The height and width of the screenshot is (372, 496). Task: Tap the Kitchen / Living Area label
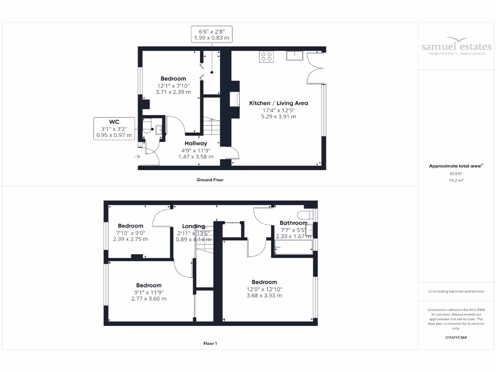click(x=279, y=103)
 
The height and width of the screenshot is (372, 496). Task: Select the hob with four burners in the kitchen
click(x=266, y=57)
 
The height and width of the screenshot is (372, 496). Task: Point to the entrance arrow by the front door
click(x=138, y=156)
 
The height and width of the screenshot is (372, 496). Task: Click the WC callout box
click(x=114, y=128)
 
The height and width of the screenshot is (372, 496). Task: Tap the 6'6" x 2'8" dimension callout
click(x=211, y=33)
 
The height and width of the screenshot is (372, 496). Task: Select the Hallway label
click(x=196, y=143)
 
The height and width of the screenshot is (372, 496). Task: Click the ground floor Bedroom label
click(x=173, y=79)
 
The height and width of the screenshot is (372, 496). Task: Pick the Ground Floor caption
click(x=210, y=180)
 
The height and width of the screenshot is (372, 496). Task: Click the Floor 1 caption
click(x=210, y=343)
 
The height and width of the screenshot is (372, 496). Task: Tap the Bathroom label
click(x=293, y=223)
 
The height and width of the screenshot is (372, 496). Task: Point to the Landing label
click(x=193, y=226)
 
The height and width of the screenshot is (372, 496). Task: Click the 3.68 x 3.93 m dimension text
click(x=264, y=295)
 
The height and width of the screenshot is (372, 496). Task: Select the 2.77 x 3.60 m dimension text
click(x=149, y=299)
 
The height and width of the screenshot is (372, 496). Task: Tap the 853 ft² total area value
click(x=456, y=174)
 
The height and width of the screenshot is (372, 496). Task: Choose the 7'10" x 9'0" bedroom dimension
click(x=130, y=232)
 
